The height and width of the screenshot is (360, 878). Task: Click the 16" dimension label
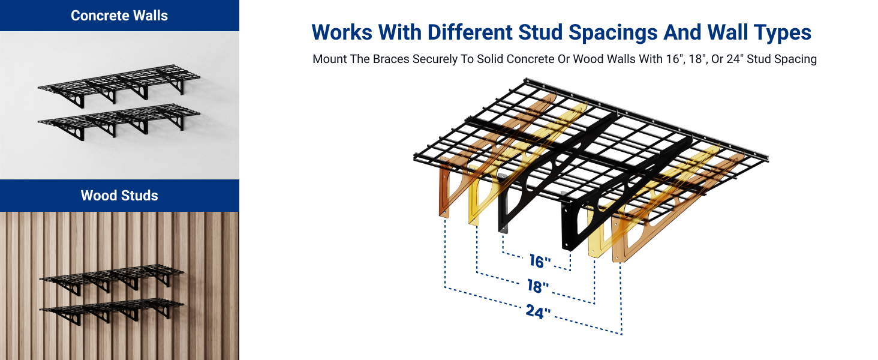[x=540, y=261]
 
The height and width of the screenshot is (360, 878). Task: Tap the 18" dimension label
[x=538, y=287]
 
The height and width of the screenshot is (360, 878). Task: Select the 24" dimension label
[x=538, y=312]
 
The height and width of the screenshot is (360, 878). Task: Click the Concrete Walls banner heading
[x=119, y=16]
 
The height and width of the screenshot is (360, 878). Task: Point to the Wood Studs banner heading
[x=119, y=196]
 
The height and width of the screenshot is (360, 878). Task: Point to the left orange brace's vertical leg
[x=444, y=192]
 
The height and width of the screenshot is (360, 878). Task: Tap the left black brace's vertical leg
[x=503, y=204]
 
